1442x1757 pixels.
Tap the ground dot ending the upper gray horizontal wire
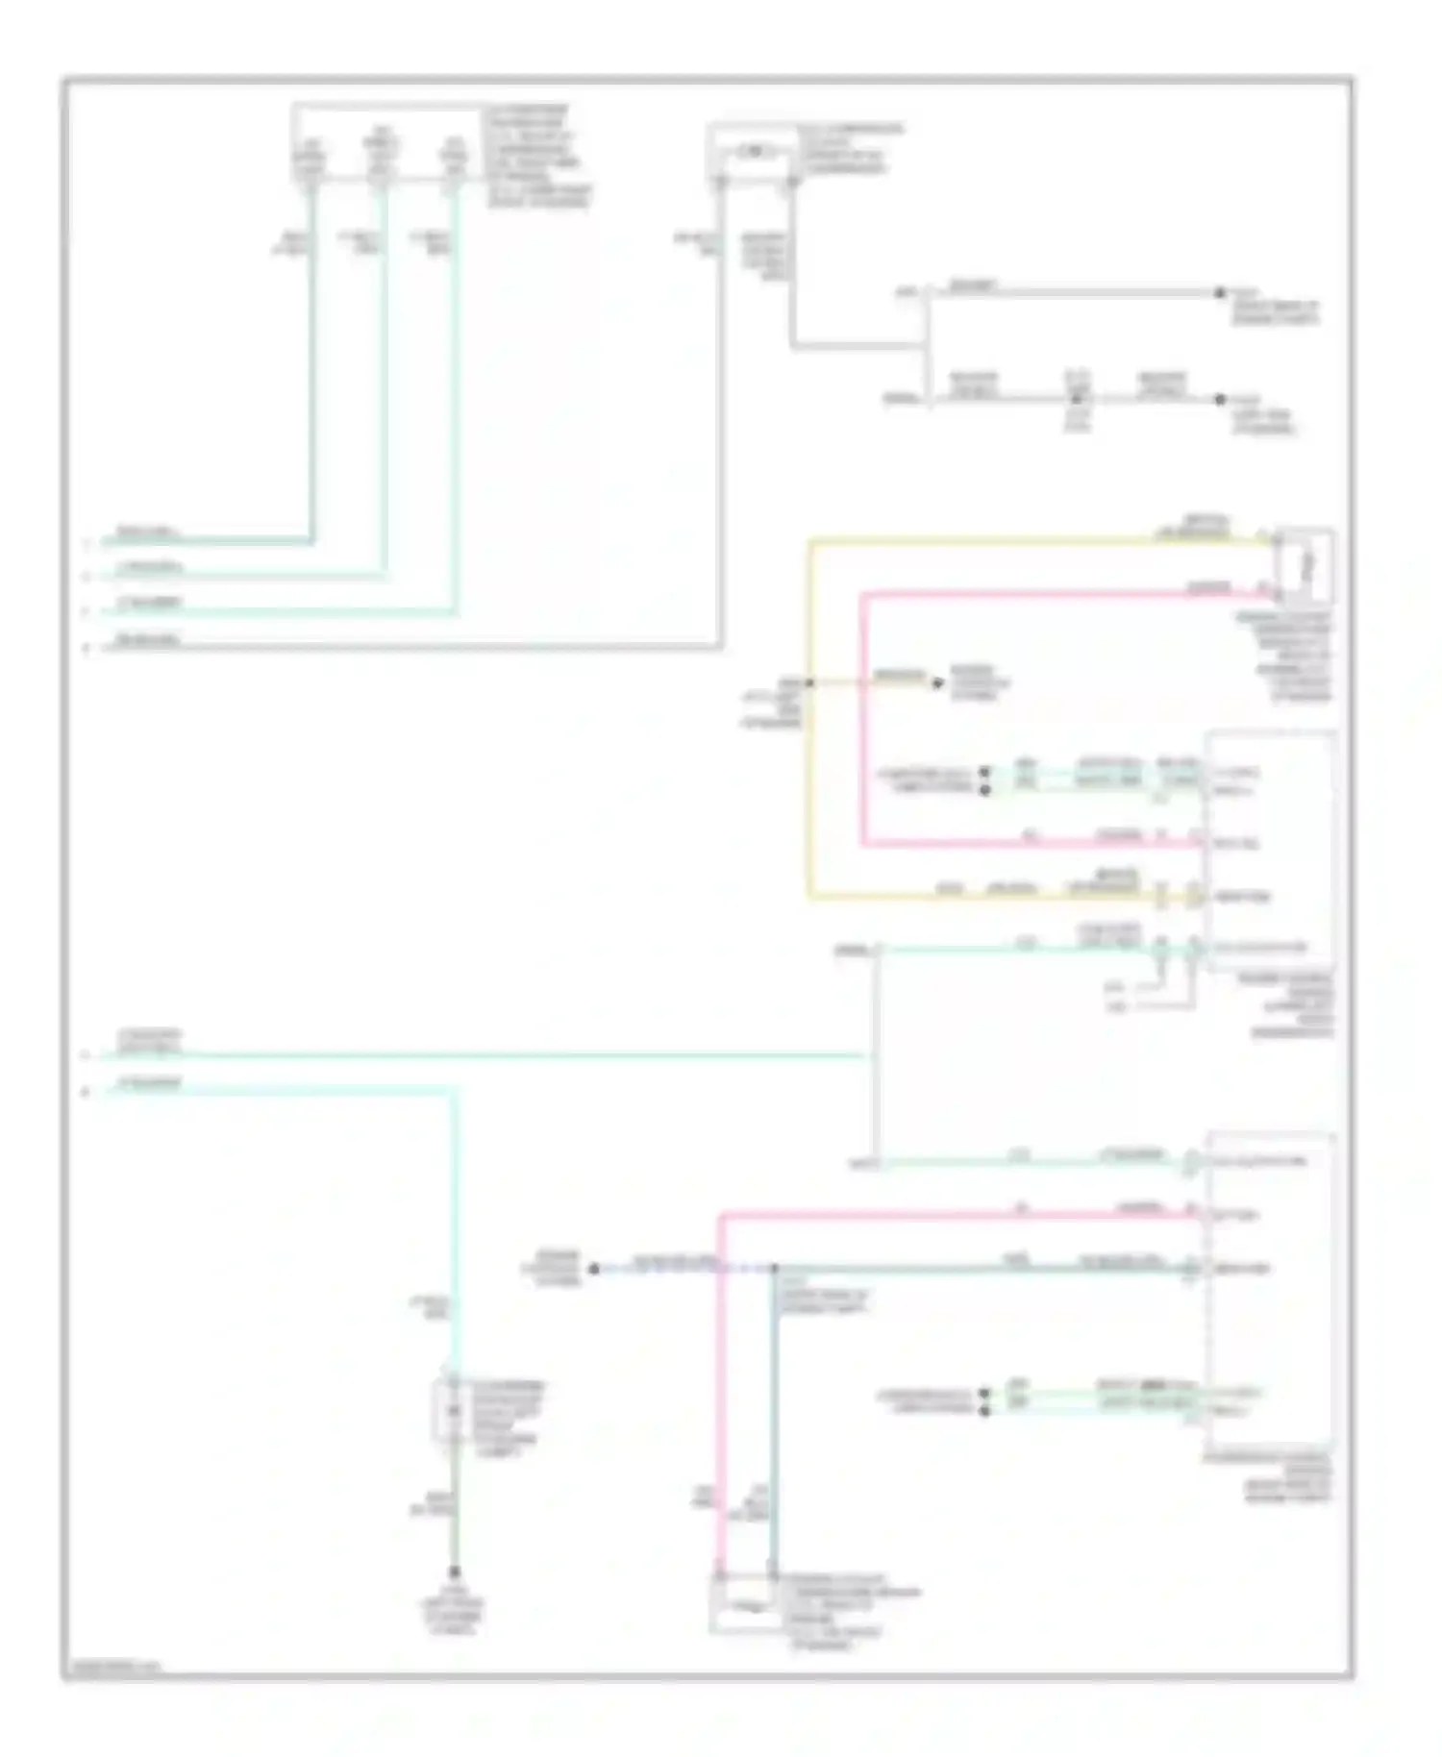click(1219, 293)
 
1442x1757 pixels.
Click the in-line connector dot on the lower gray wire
click(1077, 398)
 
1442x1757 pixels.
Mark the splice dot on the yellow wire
click(809, 683)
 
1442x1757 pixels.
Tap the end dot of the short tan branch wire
click(938, 683)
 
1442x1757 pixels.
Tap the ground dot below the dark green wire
click(454, 1572)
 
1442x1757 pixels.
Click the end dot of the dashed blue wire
click(593, 1269)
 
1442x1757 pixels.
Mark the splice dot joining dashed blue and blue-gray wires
click(775, 1269)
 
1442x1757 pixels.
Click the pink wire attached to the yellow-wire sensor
click(863, 721)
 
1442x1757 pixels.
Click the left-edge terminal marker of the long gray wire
click(87, 648)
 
